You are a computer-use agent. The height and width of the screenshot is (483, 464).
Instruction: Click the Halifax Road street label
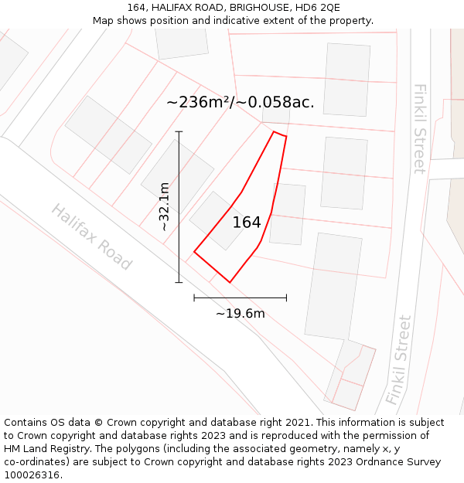point(91,236)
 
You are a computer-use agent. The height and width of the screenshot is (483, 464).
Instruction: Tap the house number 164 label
point(247,223)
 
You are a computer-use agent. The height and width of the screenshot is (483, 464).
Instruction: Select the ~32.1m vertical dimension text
point(164,206)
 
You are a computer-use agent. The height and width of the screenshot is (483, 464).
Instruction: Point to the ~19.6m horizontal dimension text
point(240,313)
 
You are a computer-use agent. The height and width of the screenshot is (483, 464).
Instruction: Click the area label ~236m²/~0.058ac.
point(241,102)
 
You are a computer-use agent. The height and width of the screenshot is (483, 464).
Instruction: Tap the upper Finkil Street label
point(418,128)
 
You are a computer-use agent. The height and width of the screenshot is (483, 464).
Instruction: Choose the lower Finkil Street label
point(399,359)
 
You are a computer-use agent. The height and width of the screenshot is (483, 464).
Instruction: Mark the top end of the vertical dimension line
point(179,132)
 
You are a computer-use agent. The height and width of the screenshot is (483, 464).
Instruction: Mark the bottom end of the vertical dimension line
point(179,282)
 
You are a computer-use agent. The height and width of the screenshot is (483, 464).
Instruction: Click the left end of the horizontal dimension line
point(194,297)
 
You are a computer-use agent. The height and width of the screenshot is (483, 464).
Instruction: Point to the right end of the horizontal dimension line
point(286,297)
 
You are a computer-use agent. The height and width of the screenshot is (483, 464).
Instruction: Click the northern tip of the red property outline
point(275,132)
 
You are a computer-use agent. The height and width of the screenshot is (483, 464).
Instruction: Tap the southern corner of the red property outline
point(230,282)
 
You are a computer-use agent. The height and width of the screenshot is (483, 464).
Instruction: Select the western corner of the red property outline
point(194,251)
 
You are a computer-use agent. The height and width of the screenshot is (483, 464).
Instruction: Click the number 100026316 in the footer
point(31,475)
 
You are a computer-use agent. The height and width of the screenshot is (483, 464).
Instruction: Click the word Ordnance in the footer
point(381,462)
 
